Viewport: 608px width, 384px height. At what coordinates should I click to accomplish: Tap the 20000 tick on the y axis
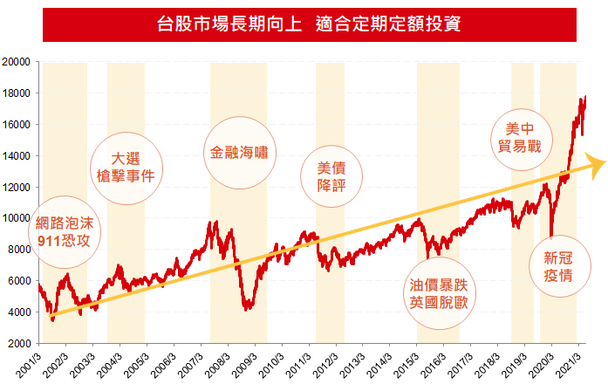click(x=18, y=62)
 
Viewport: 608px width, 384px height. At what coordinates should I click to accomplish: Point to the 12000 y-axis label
click(x=18, y=187)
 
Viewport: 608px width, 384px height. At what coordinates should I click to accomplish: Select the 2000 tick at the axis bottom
click(x=21, y=343)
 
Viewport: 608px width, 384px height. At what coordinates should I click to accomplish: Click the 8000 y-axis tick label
click(x=21, y=250)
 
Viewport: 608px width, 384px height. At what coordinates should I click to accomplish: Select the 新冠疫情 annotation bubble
click(x=557, y=265)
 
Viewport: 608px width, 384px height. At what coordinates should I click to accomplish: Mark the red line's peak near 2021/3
click(x=584, y=97)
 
